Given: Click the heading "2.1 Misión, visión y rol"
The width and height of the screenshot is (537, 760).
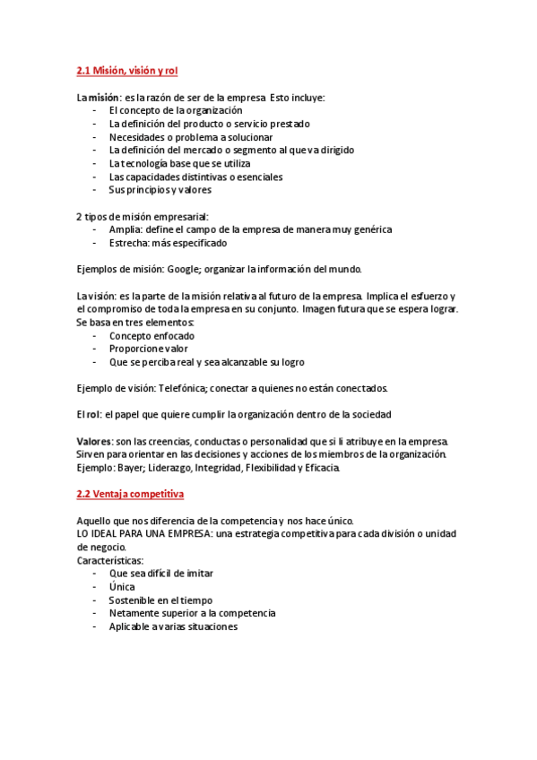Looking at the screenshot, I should [133, 71].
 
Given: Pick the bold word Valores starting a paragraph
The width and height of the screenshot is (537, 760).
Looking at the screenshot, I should [94, 442].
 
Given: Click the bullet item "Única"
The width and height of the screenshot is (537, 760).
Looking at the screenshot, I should [122, 586].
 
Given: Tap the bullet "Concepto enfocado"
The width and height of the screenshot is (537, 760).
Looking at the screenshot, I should [152, 336].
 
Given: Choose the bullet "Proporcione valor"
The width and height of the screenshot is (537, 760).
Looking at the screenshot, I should [149, 350].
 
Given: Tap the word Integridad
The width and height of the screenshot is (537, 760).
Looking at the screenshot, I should [230, 468].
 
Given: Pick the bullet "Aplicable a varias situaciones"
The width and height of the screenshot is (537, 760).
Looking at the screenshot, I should [173, 626].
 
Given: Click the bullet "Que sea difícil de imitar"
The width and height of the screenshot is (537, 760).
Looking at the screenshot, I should [161, 573].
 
